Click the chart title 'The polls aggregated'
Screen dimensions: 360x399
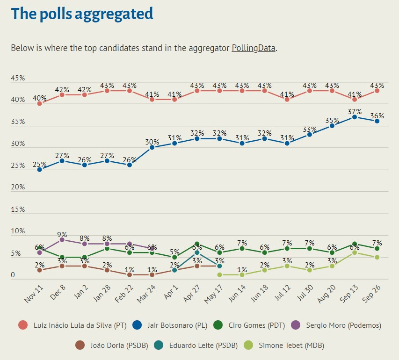point(82,14)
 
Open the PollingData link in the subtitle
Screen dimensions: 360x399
point(254,48)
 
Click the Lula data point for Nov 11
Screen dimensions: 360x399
point(39,103)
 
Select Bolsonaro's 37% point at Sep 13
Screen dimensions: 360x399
point(355,117)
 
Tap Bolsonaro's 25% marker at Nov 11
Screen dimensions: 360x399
point(39,169)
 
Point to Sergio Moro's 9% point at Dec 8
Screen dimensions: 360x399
point(62,240)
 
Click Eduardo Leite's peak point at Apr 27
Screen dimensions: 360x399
point(197,253)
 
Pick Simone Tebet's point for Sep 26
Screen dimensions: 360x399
point(377,257)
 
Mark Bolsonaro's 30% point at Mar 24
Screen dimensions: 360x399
point(152,147)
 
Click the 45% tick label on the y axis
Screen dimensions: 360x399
point(18,79)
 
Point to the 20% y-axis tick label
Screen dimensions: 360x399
point(18,187)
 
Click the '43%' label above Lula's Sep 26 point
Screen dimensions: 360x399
point(377,86)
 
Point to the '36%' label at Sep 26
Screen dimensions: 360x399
point(377,116)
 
